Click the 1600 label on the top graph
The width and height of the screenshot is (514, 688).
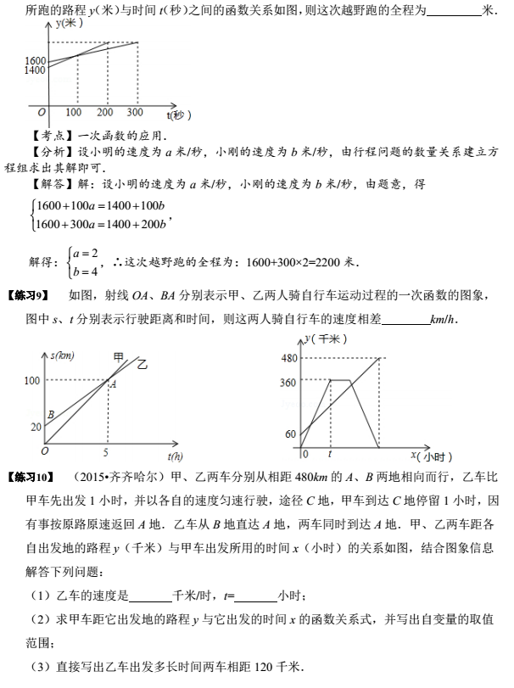tap(35, 61)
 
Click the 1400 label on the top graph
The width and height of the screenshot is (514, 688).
tap(35, 71)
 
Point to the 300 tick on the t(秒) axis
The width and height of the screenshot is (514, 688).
tap(135, 113)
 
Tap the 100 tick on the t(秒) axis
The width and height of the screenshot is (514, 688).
tap(74, 113)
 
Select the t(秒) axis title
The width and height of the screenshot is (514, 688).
tap(180, 114)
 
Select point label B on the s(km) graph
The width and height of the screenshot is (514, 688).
tap(51, 415)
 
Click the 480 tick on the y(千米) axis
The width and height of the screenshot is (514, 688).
tap(288, 357)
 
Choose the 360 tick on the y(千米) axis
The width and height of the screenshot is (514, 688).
tap(288, 383)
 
